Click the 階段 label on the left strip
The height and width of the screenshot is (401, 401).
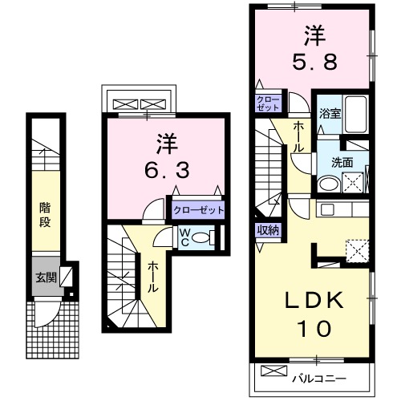[47, 214]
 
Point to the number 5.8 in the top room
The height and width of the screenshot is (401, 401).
[312, 48]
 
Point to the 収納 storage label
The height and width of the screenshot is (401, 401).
[268, 231]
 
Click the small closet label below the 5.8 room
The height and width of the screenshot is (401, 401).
[267, 103]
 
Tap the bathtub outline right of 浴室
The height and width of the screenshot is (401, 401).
[355, 113]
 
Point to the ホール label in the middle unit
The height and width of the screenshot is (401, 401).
[151, 276]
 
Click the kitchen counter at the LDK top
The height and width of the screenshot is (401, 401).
[341, 209]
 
